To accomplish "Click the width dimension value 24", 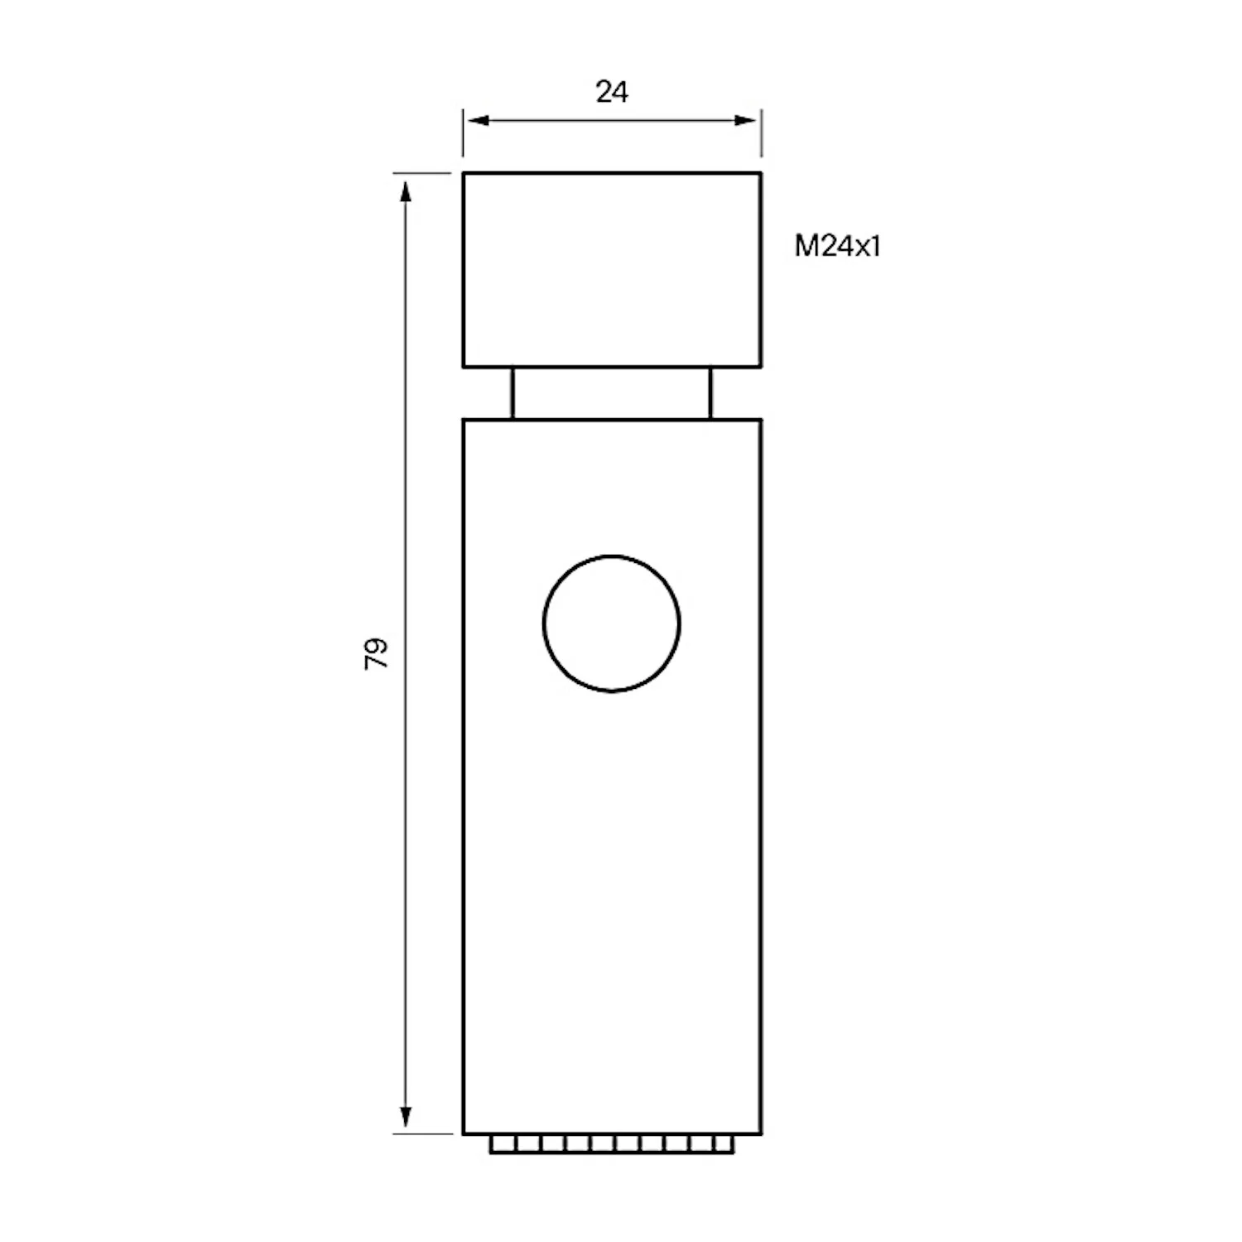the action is click(612, 92).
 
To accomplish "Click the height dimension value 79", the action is click(377, 653).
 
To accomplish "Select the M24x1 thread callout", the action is click(837, 246).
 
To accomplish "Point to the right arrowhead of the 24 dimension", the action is click(745, 121).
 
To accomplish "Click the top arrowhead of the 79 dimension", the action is click(406, 192).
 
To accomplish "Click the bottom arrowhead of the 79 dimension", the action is click(406, 1117).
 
